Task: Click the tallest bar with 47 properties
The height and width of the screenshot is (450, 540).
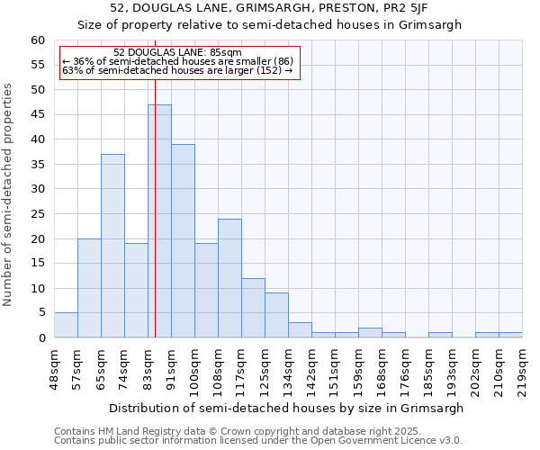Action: (159, 220)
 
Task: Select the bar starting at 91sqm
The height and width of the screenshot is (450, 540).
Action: (183, 240)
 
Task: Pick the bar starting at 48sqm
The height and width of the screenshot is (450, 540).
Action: (66, 325)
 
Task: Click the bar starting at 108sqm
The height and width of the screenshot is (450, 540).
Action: (229, 278)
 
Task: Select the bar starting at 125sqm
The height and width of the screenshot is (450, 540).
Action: (276, 315)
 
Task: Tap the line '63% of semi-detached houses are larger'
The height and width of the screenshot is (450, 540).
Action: (177, 71)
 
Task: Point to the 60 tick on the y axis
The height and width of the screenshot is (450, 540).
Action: (38, 40)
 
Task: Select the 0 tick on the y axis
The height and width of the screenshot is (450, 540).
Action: (41, 338)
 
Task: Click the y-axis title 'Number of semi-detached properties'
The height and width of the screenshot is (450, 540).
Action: (9, 194)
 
